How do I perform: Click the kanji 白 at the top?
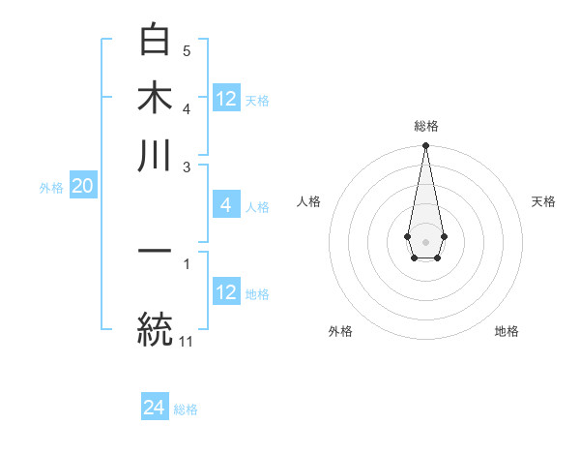point(155,41)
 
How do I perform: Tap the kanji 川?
point(155,155)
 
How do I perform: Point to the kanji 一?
point(155,252)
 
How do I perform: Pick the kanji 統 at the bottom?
point(155,327)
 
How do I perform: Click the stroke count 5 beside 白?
point(187,50)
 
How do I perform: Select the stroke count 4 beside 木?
point(187,107)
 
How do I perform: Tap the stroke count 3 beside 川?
point(187,167)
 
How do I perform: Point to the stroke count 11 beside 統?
point(187,341)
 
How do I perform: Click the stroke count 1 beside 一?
point(187,262)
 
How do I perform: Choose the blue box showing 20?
point(82,187)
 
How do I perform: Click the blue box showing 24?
point(155,408)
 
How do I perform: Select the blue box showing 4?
point(225,205)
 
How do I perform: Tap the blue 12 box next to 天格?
point(226,99)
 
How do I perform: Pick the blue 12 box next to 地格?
point(226,292)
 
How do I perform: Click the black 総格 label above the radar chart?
point(426,127)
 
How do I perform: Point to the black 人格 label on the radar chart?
point(309,201)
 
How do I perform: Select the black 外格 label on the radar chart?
point(340,331)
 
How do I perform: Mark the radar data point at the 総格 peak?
point(425,146)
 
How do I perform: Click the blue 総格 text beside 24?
point(186,409)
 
